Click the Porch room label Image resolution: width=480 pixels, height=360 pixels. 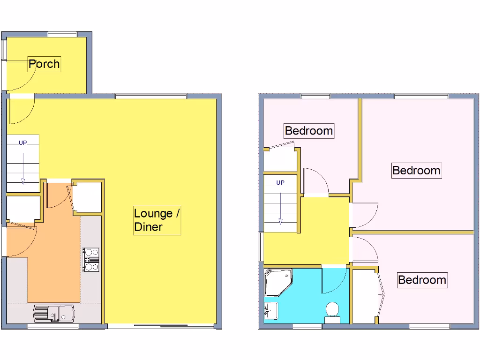(44, 64)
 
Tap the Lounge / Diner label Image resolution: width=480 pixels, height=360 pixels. (157, 220)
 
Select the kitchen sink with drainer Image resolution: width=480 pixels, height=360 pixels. (53, 313)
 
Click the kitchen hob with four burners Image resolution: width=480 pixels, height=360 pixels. (91, 259)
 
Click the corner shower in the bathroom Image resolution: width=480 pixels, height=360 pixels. (277, 282)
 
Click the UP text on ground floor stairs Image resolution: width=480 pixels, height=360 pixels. (22, 143)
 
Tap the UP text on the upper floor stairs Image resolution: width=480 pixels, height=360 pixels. (280, 183)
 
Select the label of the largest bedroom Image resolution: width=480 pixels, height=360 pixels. (416, 170)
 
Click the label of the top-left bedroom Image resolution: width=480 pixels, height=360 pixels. (309, 130)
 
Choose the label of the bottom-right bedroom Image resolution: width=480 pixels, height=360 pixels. (422, 280)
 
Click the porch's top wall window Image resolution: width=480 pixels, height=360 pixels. (63, 34)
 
